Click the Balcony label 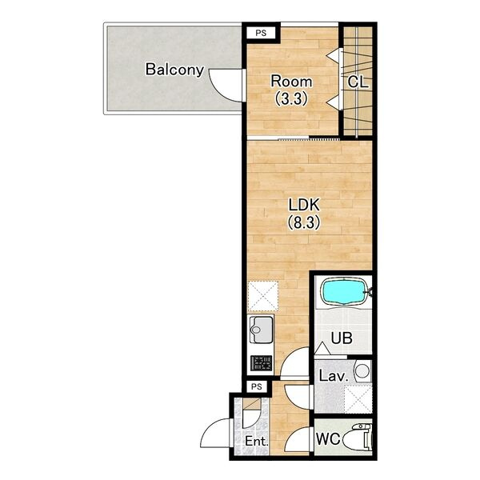[x=174, y=70]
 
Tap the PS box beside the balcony [x=261, y=33]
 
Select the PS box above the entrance [x=257, y=386]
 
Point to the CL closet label [x=358, y=82]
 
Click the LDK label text [x=304, y=205]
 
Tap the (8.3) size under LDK [x=304, y=222]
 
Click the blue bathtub [x=343, y=292]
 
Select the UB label [x=342, y=338]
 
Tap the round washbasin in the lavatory [x=362, y=370]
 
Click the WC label [x=328, y=439]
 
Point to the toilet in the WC [x=358, y=437]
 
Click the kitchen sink [x=261, y=330]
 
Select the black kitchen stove [x=261, y=363]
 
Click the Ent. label [x=257, y=441]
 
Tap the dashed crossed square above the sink [x=263, y=296]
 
